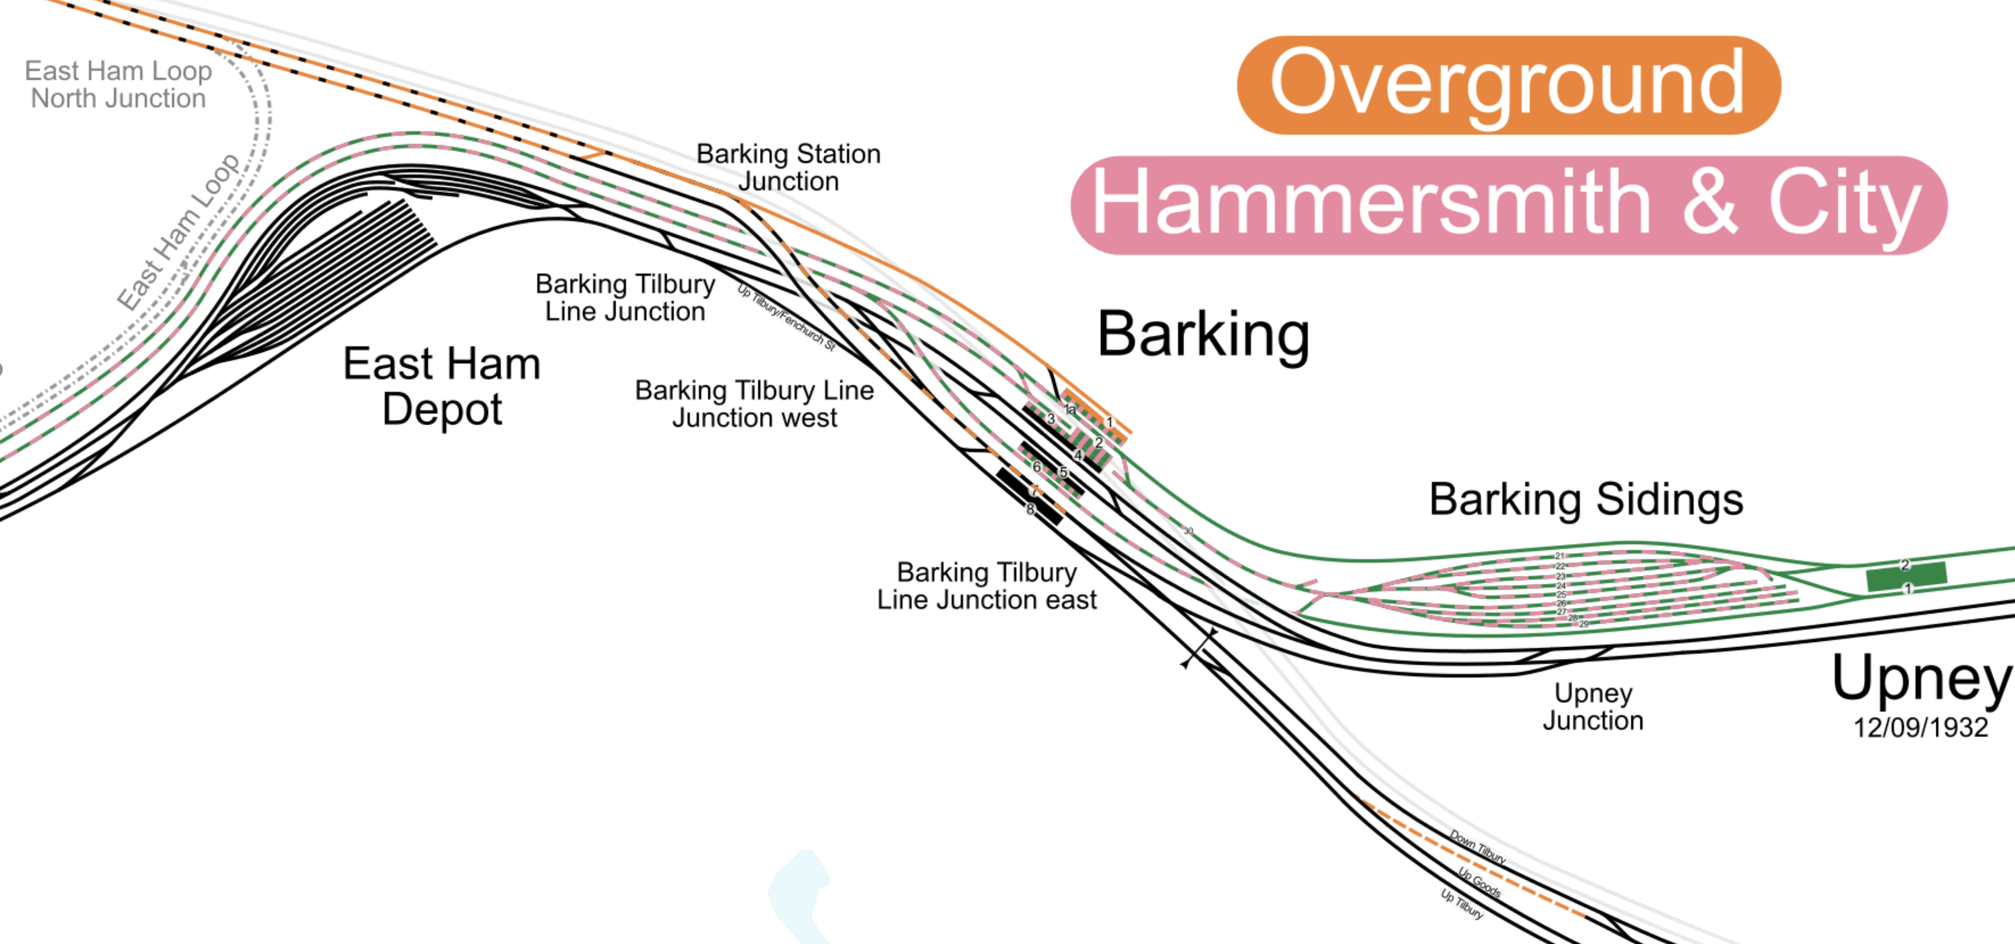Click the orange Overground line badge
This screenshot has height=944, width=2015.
point(1508,84)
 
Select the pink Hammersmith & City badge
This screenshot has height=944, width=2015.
point(1508,205)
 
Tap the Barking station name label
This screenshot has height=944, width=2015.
point(1203,335)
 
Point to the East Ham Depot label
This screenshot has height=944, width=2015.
point(442,386)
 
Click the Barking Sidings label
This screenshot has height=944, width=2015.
point(1586,500)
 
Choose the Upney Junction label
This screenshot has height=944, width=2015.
point(1593,706)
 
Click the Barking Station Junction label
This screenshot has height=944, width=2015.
point(788,168)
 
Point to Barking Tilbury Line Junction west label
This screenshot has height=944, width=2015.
point(754,403)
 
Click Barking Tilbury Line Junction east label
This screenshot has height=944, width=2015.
point(987,586)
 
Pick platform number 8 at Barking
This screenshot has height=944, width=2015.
point(1030,509)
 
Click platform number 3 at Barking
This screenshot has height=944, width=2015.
point(1051,418)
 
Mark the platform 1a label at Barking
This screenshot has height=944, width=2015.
point(1070,409)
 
